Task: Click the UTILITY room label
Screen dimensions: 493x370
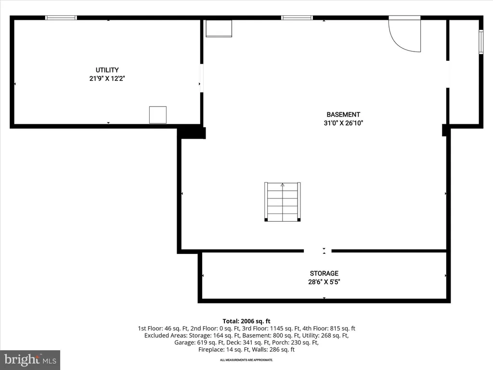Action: tap(107, 70)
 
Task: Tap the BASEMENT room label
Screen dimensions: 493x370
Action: tap(343, 115)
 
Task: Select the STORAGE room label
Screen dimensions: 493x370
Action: tap(324, 274)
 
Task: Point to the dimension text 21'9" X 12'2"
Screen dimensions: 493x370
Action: tap(107, 79)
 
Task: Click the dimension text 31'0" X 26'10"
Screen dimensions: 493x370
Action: tap(343, 123)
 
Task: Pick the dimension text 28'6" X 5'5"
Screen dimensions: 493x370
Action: tap(324, 282)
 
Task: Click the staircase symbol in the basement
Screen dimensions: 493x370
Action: tap(282, 202)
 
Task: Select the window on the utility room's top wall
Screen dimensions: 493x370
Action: tap(61, 18)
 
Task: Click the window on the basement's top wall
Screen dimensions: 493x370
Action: tap(297, 18)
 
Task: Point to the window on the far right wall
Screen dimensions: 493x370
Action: tap(481, 41)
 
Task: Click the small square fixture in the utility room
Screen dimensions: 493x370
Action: tap(158, 115)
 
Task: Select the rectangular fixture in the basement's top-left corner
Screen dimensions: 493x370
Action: tap(219, 28)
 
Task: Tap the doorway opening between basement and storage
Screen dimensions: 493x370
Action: tap(318, 251)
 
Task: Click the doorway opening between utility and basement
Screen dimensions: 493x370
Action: tap(202, 78)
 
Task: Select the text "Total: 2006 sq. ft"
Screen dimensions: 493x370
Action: tap(246, 321)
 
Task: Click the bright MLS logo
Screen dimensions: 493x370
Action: tap(30, 360)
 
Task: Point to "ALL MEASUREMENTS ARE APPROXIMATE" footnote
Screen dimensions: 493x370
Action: tap(246, 360)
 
